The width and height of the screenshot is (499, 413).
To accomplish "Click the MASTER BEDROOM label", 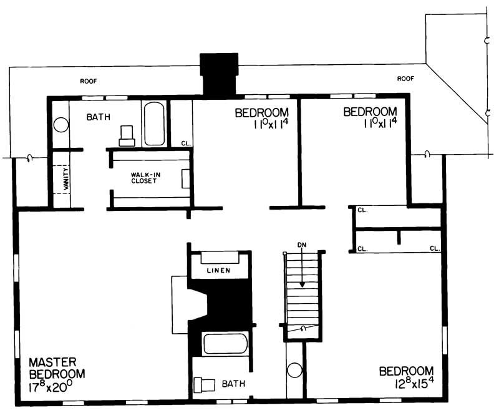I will pos(56,367).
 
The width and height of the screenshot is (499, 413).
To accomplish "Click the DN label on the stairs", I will pos(301,244).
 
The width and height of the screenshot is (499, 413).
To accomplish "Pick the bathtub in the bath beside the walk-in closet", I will pos(154,124).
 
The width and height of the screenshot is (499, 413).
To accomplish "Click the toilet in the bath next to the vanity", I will pos(127,134).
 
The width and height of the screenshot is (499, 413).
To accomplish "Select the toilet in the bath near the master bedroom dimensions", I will pos(205,385).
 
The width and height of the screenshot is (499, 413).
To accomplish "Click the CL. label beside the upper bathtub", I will pos(185,143).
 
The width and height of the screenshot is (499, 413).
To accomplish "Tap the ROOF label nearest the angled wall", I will pos(406,79).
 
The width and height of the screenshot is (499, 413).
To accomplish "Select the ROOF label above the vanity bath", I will pos(89,81).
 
